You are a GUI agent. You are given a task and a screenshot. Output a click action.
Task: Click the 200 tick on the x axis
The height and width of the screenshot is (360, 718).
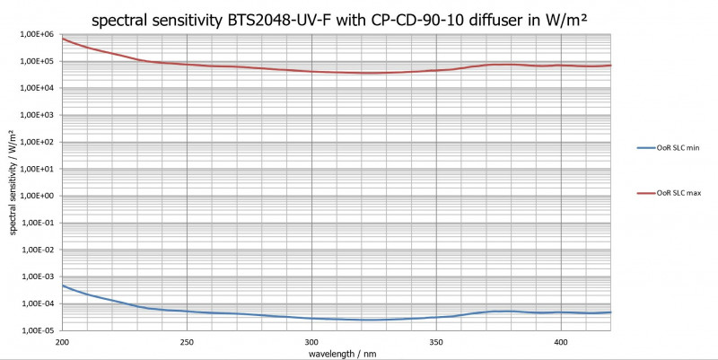pyautogui.click(x=62, y=342)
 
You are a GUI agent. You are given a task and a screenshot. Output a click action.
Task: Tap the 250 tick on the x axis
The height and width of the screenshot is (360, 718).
pyautogui.click(x=187, y=342)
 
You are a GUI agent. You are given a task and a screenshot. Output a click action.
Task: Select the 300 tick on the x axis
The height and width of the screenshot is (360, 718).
pyautogui.click(x=311, y=342)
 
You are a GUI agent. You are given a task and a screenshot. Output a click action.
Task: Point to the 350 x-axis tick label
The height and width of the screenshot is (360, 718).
pyautogui.click(x=436, y=342)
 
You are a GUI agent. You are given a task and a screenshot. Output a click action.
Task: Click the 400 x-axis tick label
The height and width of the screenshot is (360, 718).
pyautogui.click(x=561, y=342)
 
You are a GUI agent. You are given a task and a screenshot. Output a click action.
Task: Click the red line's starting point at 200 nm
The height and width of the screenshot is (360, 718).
pyautogui.click(x=62, y=39)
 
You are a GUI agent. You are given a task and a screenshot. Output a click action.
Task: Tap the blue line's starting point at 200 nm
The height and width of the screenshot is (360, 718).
pyautogui.click(x=62, y=285)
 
